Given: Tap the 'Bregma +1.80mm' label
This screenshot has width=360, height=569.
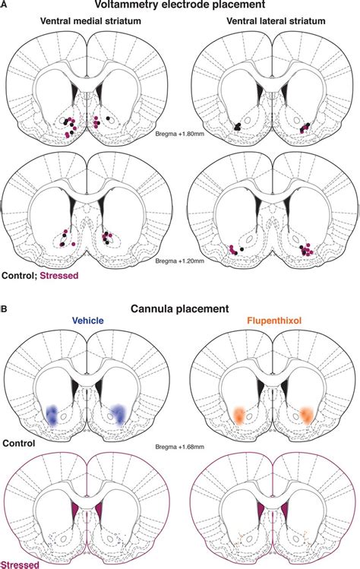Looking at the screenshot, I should coord(180,132).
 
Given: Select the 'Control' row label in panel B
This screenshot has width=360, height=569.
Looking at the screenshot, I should coord(18,441).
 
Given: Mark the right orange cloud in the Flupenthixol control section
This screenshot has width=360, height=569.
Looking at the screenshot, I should coord(305,414).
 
